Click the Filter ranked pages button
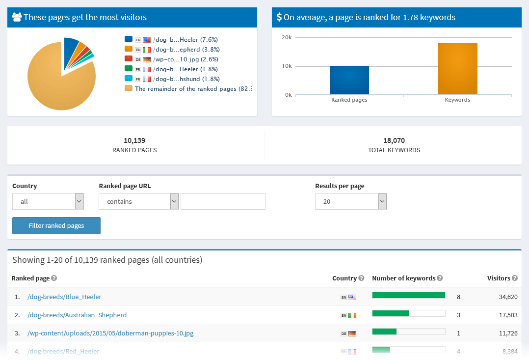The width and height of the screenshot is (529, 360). pos(56,226)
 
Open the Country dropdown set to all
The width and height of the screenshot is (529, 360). pos(48,201)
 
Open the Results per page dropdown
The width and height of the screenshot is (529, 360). pos(351,201)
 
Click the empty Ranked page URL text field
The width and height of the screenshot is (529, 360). pos(223,201)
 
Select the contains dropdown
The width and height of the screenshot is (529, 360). pos(138,201)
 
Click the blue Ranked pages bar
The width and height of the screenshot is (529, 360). pos(349,80)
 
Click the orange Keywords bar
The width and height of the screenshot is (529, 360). pos(457,69)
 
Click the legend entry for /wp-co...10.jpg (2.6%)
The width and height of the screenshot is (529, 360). pos(172,59)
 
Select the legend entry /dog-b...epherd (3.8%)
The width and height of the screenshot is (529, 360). pos(172,50)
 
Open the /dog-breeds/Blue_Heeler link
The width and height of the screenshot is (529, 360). pos(64,297)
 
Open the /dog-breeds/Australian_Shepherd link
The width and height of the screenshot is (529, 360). pos(77,315)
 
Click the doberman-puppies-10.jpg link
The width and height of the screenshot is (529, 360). pos(110,333)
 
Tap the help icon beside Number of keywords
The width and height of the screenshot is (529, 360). pos(440,278)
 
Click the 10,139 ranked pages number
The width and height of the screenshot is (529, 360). pos(134,140)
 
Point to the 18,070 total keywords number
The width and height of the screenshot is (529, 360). pos(394,140)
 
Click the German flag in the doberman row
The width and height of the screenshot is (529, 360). pos(352,333)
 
